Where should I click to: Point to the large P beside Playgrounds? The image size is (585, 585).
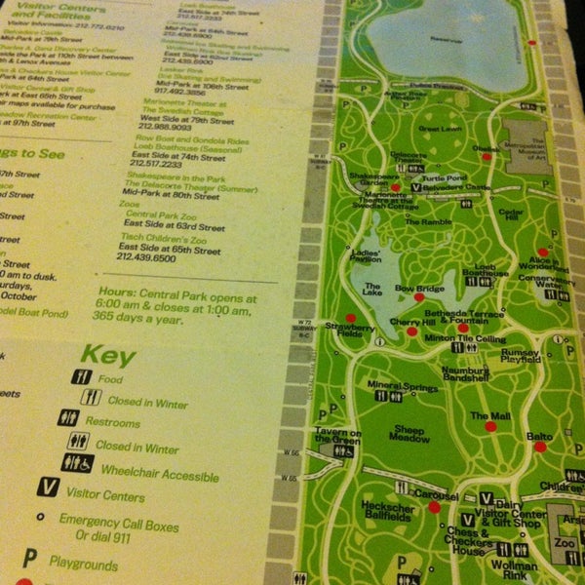(30, 559)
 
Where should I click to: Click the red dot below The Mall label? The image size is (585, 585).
(490, 427)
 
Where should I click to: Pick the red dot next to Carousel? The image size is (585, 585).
(434, 506)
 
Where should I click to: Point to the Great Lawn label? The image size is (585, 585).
(439, 129)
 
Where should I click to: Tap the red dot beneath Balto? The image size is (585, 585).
(539, 447)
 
